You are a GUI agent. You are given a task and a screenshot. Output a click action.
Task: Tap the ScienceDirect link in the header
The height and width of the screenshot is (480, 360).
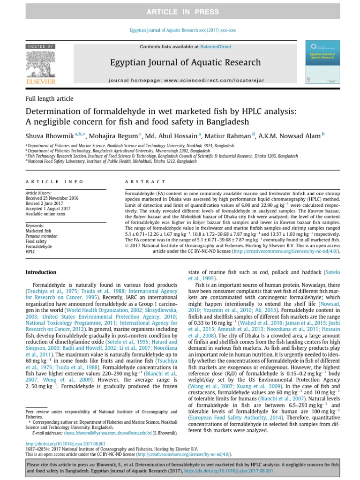(212, 47)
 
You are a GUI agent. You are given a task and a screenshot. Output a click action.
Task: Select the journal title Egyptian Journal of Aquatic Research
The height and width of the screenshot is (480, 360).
(185, 62)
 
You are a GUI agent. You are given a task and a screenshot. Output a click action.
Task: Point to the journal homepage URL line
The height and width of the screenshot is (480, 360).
(187, 80)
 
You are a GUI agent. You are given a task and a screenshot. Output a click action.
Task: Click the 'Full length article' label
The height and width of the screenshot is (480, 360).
(49, 99)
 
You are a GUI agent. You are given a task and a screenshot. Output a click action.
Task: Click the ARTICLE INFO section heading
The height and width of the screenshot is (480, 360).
(54, 181)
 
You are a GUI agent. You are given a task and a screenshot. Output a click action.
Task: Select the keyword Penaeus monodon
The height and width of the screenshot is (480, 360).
(41, 236)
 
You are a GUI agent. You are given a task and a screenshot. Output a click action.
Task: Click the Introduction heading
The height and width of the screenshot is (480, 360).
(41, 272)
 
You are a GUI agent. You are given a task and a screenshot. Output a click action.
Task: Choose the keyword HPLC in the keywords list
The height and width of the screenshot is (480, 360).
(30, 251)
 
